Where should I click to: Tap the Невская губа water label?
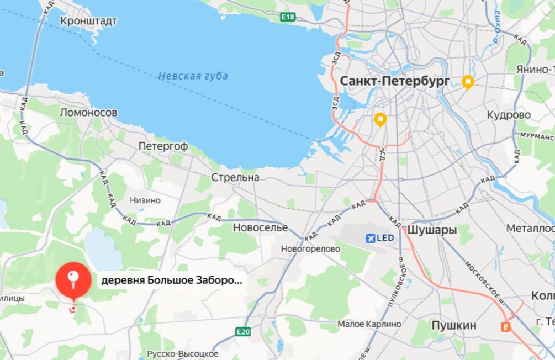point(193,76)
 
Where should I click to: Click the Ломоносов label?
point(88,113)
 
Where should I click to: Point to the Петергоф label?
point(163,146)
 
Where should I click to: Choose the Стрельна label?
point(235,178)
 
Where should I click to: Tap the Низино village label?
point(145,200)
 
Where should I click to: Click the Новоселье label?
point(260,227)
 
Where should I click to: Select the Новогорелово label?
point(310,249)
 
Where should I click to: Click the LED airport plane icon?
point(372,239)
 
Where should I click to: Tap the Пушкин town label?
point(453,325)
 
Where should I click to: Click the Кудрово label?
point(509,115)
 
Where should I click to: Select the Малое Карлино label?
point(369,324)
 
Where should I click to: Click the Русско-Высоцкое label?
point(182,353)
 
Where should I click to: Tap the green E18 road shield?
point(288,17)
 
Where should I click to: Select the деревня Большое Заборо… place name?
point(171,280)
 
